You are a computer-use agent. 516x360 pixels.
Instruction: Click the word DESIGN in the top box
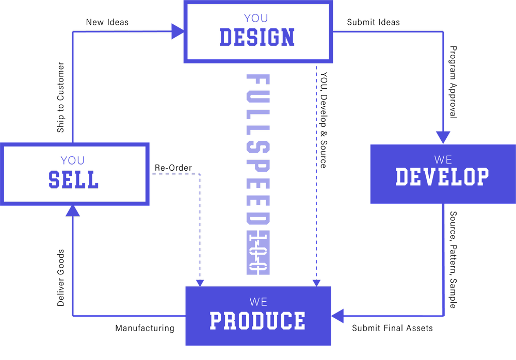pyautogui.click(x=257, y=38)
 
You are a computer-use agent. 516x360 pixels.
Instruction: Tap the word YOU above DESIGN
pyautogui.click(x=256, y=18)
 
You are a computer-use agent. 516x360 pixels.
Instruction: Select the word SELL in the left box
pyautogui.click(x=73, y=180)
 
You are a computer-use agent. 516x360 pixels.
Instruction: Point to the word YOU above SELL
pyautogui.click(x=73, y=160)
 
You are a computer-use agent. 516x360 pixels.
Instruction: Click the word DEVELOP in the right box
pyautogui.click(x=442, y=177)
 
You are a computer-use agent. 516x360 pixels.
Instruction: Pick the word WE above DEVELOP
pyautogui.click(x=443, y=159)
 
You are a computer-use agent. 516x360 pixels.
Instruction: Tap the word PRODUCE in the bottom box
pyautogui.click(x=257, y=321)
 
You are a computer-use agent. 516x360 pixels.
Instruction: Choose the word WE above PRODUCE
pyautogui.click(x=258, y=302)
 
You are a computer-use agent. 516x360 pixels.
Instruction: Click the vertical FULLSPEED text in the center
pyautogui.click(x=257, y=150)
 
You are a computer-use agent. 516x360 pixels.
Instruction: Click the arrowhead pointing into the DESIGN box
pyautogui.click(x=178, y=31)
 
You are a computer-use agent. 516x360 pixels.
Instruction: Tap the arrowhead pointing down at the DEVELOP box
pyautogui.click(x=443, y=137)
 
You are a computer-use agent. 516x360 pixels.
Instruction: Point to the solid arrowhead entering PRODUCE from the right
pyautogui.click(x=337, y=316)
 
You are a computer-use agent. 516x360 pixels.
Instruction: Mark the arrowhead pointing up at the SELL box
pyautogui.click(x=73, y=210)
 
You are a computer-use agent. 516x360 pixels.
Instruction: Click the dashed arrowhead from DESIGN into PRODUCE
pyautogui.click(x=316, y=283)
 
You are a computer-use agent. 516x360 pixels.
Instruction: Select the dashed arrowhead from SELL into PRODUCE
pyautogui.click(x=200, y=283)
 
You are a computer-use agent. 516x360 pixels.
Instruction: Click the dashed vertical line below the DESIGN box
pyautogui.click(x=316, y=170)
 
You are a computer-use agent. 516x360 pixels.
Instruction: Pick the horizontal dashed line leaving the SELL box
pyautogui.click(x=175, y=174)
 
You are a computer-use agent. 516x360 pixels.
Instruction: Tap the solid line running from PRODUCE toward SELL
pyautogui.click(x=129, y=316)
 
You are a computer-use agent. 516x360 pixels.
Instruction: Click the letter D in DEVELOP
pyautogui.click(x=402, y=177)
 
